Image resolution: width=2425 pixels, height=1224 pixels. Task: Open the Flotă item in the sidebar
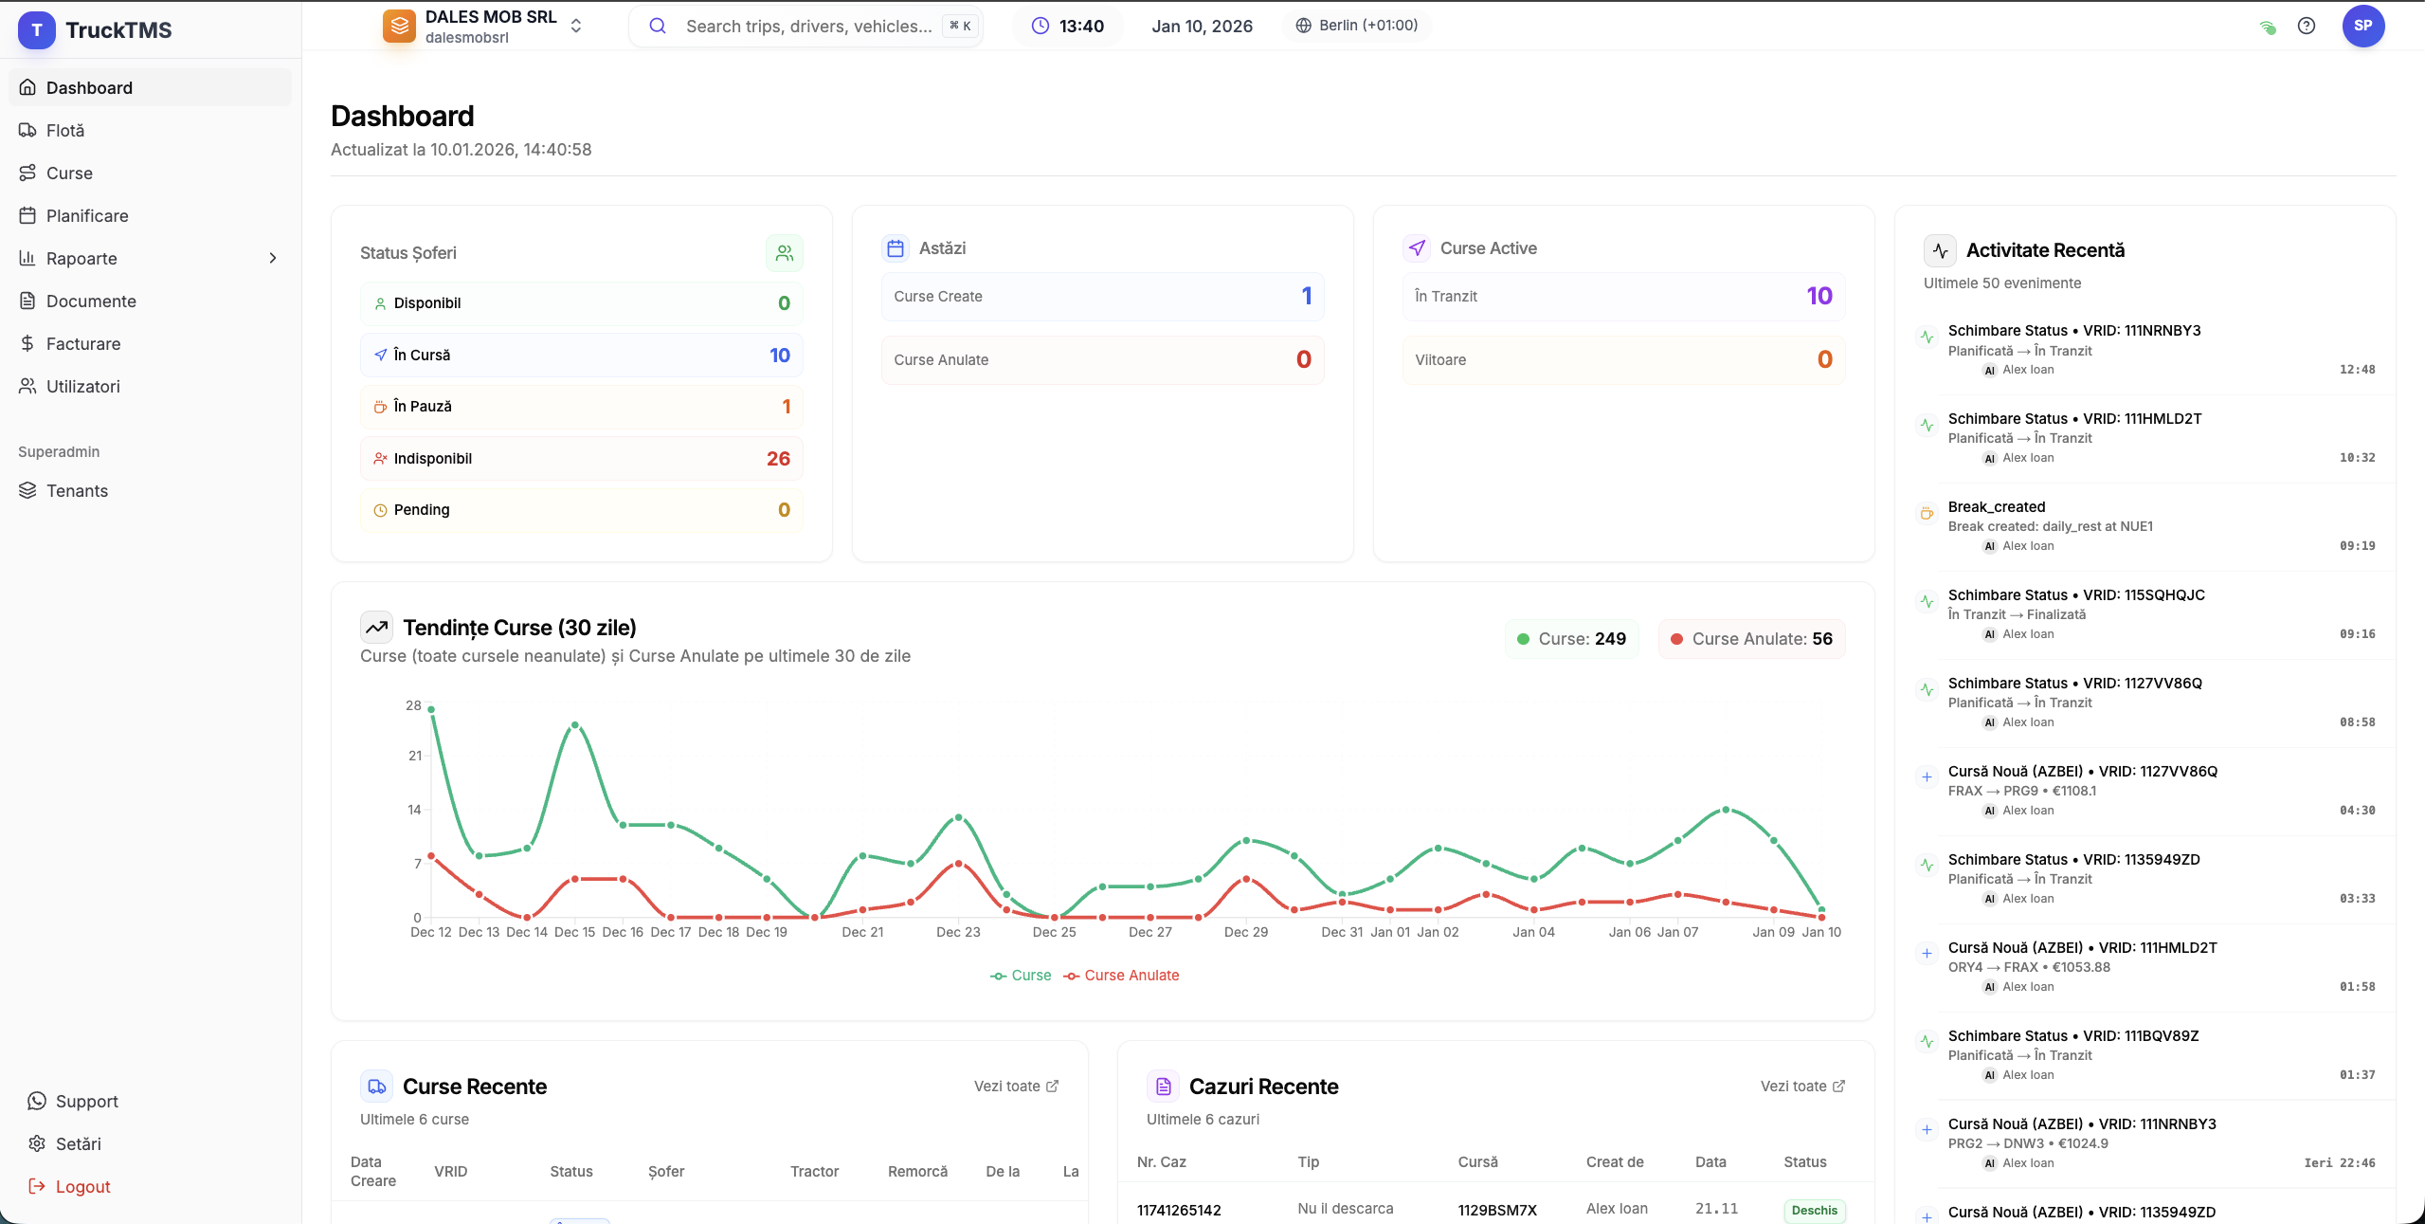65,131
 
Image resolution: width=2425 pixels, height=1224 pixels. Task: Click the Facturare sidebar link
83,344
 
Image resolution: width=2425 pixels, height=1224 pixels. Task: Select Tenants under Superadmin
77,491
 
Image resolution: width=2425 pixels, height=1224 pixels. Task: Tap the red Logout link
82,1187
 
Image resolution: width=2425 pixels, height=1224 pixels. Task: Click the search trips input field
807,27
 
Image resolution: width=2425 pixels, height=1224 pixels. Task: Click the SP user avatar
2362,26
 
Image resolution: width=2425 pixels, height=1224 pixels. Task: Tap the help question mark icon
2307,27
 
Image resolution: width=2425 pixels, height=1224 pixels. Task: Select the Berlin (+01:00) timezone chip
1357,26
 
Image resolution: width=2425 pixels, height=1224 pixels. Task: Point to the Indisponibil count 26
778,459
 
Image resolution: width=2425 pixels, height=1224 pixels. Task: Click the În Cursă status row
581,356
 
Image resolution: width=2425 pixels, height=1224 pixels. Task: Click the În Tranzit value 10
1819,297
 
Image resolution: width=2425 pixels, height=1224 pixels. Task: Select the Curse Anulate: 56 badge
1751,639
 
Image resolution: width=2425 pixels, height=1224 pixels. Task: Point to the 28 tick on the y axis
413,705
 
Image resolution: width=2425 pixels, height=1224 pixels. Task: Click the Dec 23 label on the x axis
958,932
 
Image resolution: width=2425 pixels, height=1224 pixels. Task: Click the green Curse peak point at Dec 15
574,725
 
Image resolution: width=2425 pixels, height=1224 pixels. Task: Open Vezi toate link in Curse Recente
1016,1087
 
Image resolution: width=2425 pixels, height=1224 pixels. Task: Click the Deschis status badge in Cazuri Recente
1814,1211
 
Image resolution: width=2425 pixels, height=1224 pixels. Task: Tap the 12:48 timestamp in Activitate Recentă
2357,370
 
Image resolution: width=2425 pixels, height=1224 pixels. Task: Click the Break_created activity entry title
1996,507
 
